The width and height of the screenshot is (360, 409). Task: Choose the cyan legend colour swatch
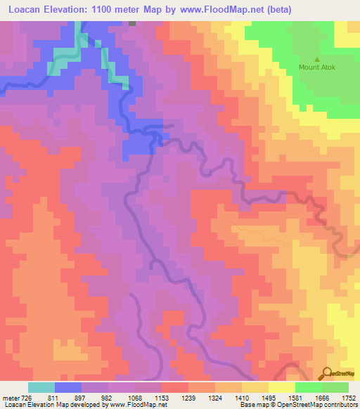click(x=41, y=388)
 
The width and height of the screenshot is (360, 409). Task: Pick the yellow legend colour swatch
click(x=282, y=388)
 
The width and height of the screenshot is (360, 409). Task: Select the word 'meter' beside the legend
click(x=11, y=398)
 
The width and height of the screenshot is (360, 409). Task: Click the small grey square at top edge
click(x=131, y=23)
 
